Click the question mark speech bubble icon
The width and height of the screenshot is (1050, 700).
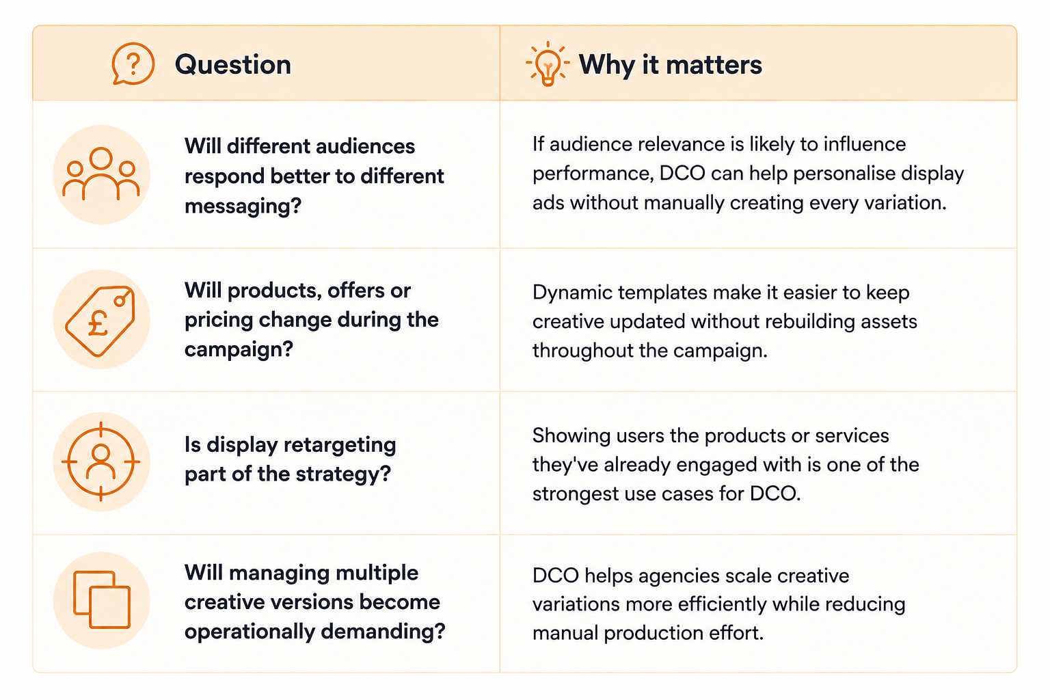point(133,64)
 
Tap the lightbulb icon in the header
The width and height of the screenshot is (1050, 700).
point(548,64)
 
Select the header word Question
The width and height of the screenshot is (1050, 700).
point(233,64)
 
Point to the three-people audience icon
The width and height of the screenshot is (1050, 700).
point(101,174)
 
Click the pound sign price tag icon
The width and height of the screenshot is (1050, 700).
point(100,321)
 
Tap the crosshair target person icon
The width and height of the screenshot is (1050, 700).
point(100,462)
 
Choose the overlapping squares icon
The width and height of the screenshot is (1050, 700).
point(102,600)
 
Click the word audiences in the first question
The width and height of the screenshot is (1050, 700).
point(365,146)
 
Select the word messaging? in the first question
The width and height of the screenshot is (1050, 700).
point(243,206)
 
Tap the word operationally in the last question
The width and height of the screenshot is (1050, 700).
point(250,632)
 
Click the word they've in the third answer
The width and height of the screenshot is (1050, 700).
point(565,465)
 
